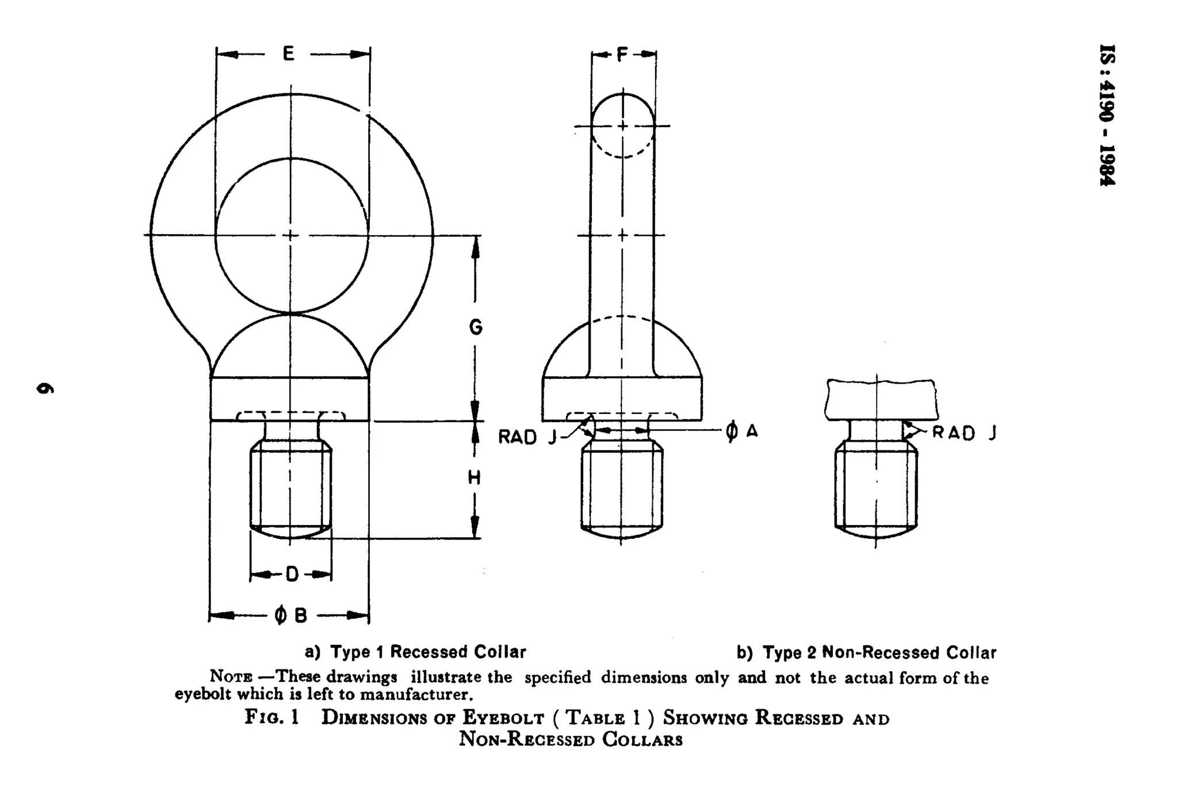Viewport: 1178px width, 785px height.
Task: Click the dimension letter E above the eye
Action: pyautogui.click(x=289, y=54)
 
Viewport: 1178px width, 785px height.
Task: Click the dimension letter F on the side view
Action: pyautogui.click(x=622, y=55)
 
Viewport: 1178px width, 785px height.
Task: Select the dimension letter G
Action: pyautogui.click(x=476, y=327)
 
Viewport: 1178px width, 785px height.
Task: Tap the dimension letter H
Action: pyautogui.click(x=475, y=477)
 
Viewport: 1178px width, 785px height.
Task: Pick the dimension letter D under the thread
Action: pyautogui.click(x=292, y=574)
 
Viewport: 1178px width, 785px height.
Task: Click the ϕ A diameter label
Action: pyautogui.click(x=741, y=431)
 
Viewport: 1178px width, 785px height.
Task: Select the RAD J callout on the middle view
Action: pyautogui.click(x=527, y=437)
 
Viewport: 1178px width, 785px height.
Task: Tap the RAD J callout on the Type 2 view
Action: pyautogui.click(x=964, y=432)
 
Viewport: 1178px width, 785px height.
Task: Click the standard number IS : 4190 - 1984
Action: pyautogui.click(x=1107, y=115)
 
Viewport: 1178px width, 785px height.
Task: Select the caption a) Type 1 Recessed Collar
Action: pyautogui.click(x=415, y=652)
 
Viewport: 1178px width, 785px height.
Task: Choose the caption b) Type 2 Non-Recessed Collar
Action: pyautogui.click(x=866, y=653)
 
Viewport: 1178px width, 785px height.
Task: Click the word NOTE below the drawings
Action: pyautogui.click(x=230, y=677)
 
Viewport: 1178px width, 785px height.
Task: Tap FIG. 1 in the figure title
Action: pyautogui.click(x=271, y=718)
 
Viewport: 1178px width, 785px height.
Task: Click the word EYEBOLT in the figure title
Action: pyautogui.click(x=503, y=718)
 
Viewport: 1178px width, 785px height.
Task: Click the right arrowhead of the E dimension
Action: pyautogui.click(x=362, y=55)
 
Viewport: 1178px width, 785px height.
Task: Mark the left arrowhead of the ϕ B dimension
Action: pyautogui.click(x=219, y=616)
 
